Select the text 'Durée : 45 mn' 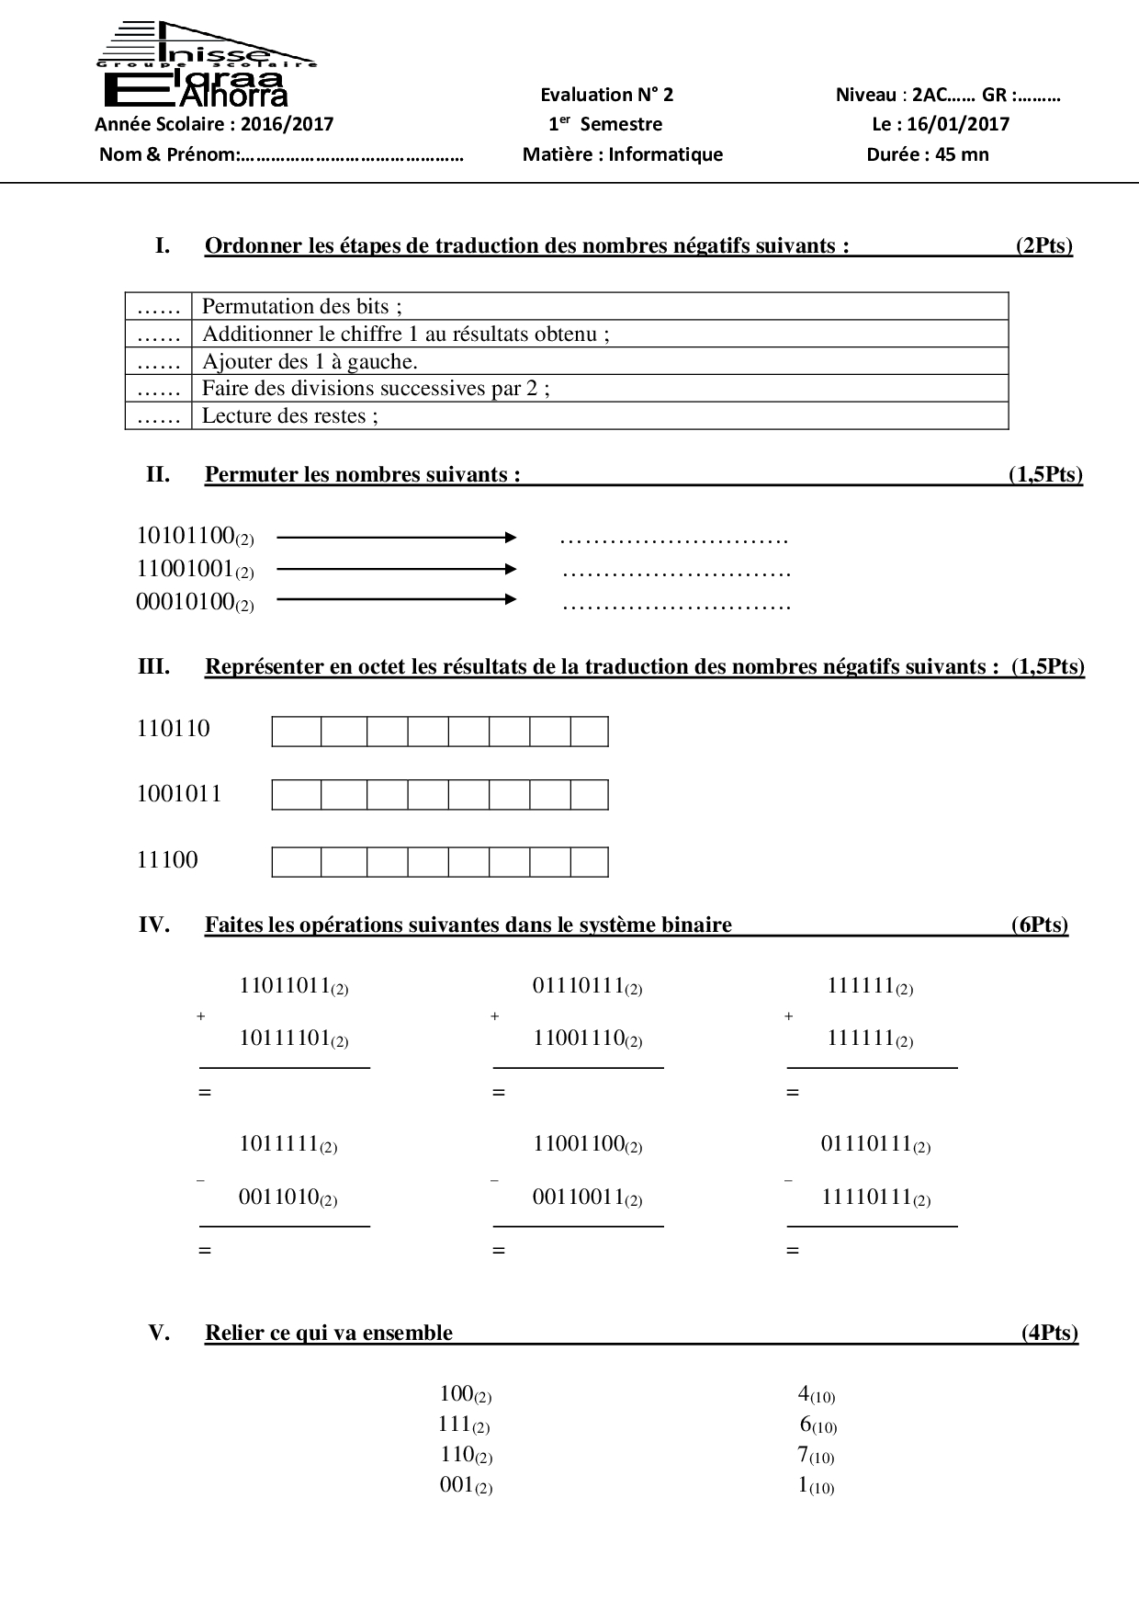pyautogui.click(x=928, y=154)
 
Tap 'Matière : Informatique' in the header pyautogui.click(x=623, y=154)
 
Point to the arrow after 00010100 pyautogui.click(x=396, y=600)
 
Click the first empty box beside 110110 pyautogui.click(x=297, y=732)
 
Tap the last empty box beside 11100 pyautogui.click(x=589, y=862)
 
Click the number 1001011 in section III pyautogui.click(x=179, y=794)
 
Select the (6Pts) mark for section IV pyautogui.click(x=1040, y=925)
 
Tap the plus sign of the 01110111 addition pyautogui.click(x=494, y=1016)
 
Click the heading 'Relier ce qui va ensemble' pyautogui.click(x=328, y=1333)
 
